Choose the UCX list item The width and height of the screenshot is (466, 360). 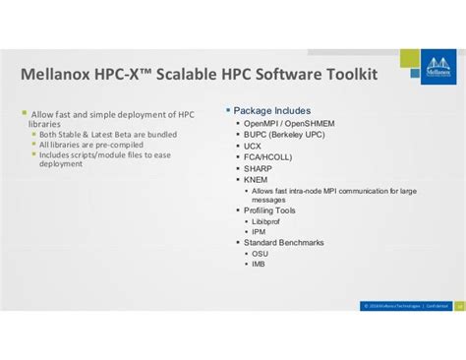pos(254,147)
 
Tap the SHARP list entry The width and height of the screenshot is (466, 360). pos(259,168)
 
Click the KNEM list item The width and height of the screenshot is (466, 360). pos(257,180)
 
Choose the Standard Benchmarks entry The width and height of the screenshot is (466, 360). pos(284,242)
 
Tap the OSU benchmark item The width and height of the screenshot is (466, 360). pos(260,253)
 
